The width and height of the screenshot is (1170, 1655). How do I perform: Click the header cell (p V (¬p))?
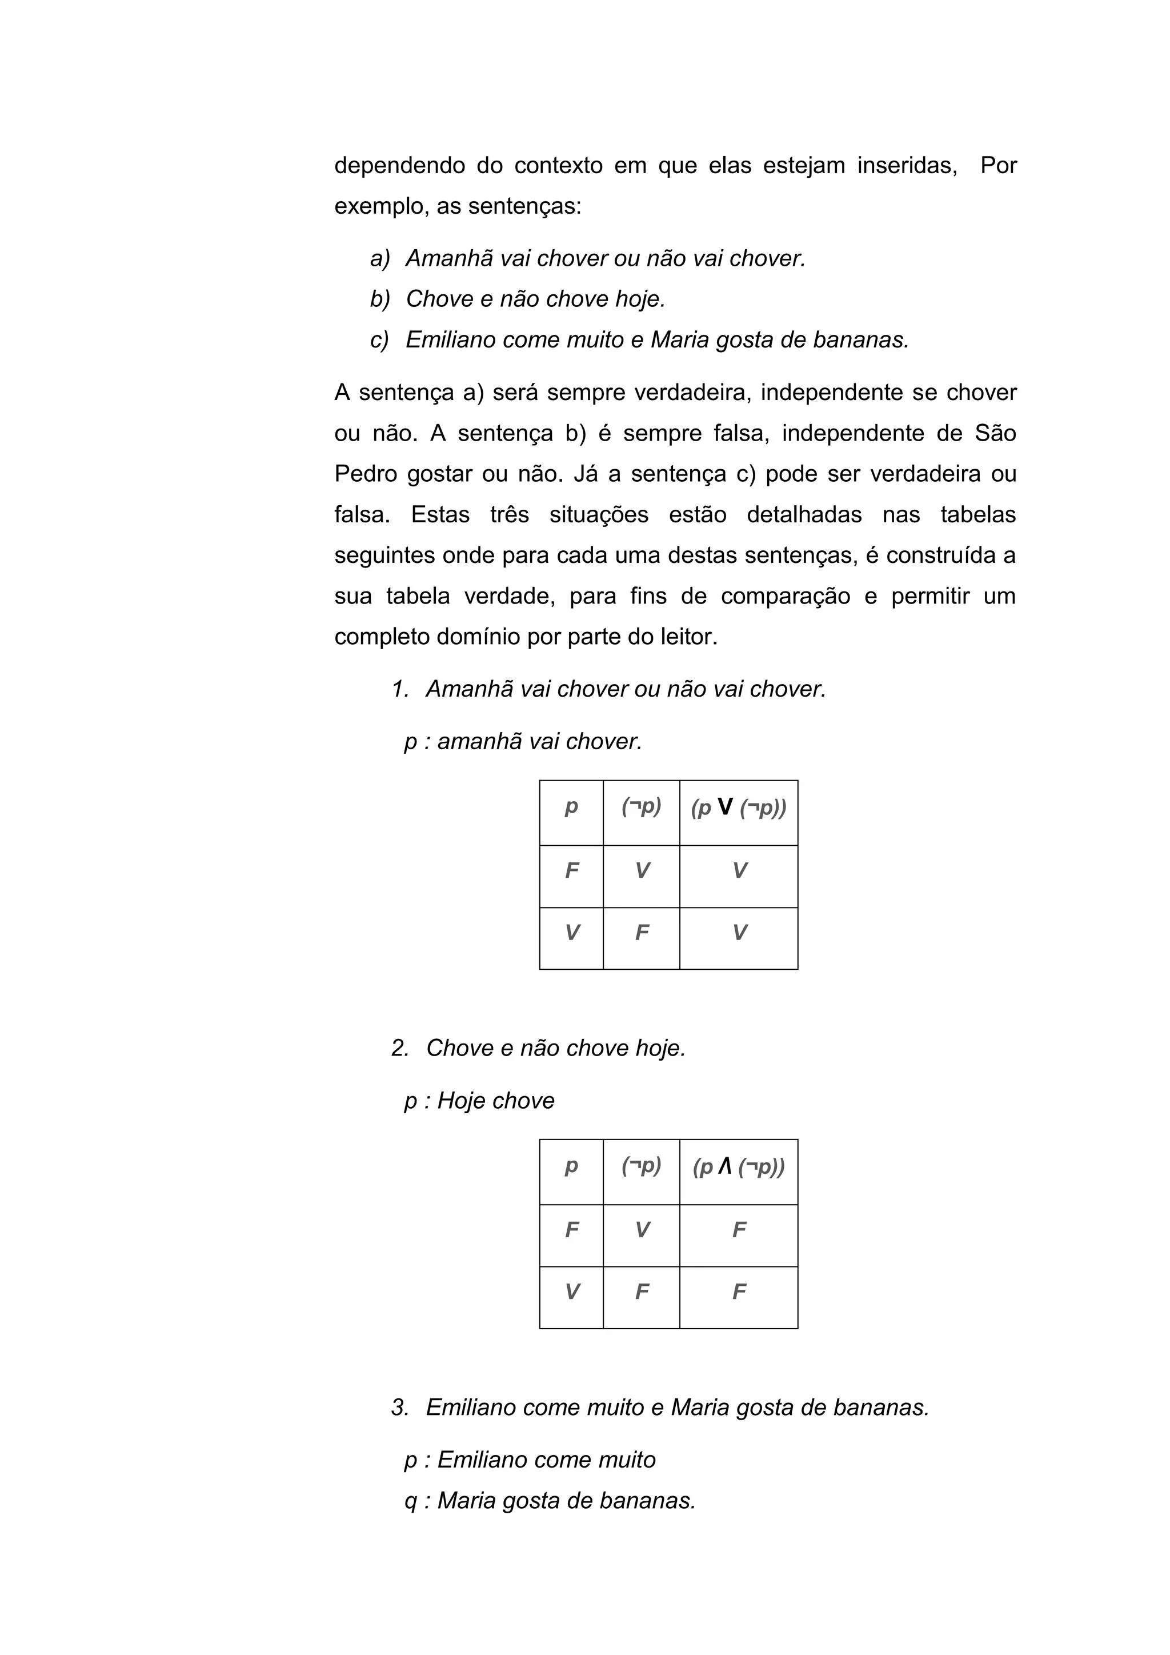click(739, 808)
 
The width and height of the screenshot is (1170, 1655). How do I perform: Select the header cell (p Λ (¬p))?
click(739, 1167)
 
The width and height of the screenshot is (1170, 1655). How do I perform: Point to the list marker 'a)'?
click(380, 258)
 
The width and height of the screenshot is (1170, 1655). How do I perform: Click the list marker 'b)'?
click(380, 299)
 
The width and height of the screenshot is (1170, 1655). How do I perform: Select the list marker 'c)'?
click(380, 340)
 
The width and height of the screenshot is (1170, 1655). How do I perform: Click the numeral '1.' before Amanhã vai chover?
click(400, 689)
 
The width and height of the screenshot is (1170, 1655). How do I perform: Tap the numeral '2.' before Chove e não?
click(400, 1048)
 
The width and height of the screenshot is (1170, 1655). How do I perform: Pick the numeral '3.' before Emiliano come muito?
click(400, 1407)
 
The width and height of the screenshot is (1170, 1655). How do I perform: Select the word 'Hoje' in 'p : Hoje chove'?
click(462, 1101)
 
